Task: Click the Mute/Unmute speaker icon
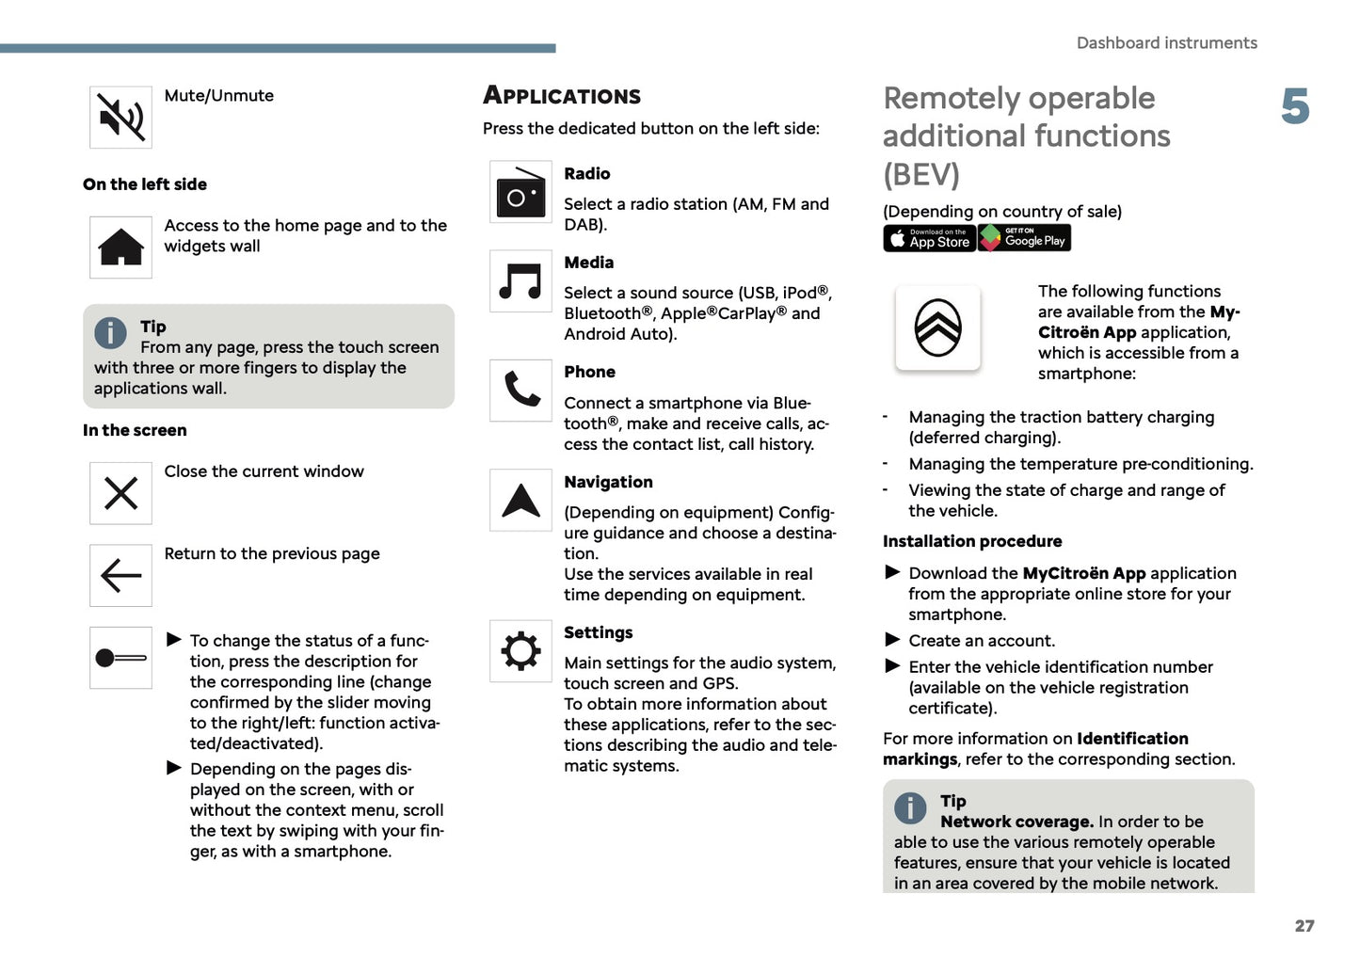pos(120,118)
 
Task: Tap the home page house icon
pos(120,247)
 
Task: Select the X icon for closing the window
pos(120,493)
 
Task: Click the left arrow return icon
pos(120,575)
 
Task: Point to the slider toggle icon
pos(120,658)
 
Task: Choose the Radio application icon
pos(520,192)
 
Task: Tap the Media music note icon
pos(520,280)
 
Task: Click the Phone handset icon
pos(520,390)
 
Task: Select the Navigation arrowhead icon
pos(520,501)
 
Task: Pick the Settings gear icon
pos(520,650)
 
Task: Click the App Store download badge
pos(929,238)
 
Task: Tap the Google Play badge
pos(1024,238)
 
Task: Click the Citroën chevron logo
pos(937,328)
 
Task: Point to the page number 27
pos(1304,926)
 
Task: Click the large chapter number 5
pos(1295,106)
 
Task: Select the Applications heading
pos(562,96)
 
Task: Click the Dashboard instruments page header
pos(1166,43)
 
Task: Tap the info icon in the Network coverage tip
pos(910,807)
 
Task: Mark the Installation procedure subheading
pos(972,541)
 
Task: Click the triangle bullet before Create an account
pos(893,640)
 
